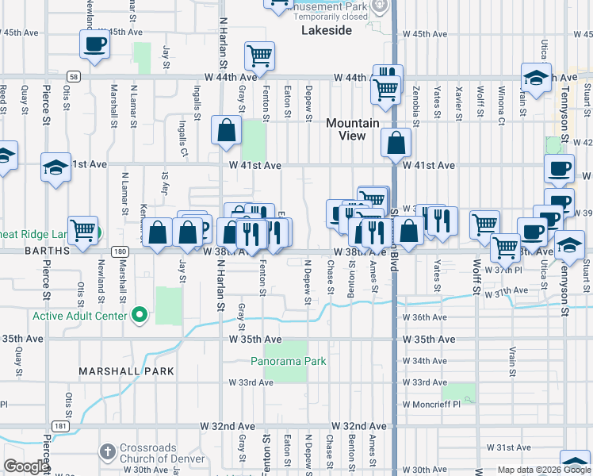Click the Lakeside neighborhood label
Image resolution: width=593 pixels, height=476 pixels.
(326, 30)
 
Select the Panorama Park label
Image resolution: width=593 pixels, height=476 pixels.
(288, 361)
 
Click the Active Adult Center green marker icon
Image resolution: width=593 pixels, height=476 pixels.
(140, 316)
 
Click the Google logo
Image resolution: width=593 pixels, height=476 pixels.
(25, 467)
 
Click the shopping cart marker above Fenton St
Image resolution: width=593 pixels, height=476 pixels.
(259, 56)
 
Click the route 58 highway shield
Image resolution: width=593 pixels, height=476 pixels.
(73, 76)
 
